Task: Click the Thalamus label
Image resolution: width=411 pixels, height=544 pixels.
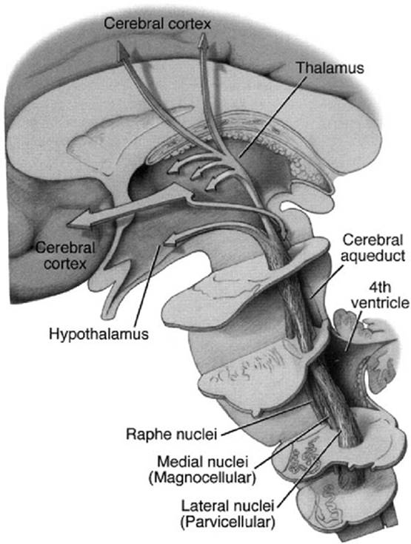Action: click(x=330, y=68)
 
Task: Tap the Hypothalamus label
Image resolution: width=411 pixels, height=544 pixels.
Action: click(x=98, y=334)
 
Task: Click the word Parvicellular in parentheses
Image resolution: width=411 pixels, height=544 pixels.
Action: click(x=228, y=521)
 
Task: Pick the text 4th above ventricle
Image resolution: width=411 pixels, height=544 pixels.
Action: click(x=380, y=288)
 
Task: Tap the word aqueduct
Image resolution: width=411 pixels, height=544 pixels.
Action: click(x=372, y=256)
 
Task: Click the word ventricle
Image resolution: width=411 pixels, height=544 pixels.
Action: click(x=380, y=302)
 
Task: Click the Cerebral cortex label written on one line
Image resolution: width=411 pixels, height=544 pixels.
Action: click(x=158, y=24)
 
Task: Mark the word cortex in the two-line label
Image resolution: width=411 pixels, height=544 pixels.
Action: click(x=65, y=264)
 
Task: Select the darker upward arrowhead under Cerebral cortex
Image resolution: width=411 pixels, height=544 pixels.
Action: click(x=122, y=50)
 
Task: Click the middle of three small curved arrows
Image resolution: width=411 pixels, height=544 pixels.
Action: click(x=197, y=171)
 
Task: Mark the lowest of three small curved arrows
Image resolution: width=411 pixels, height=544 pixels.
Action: click(x=213, y=184)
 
